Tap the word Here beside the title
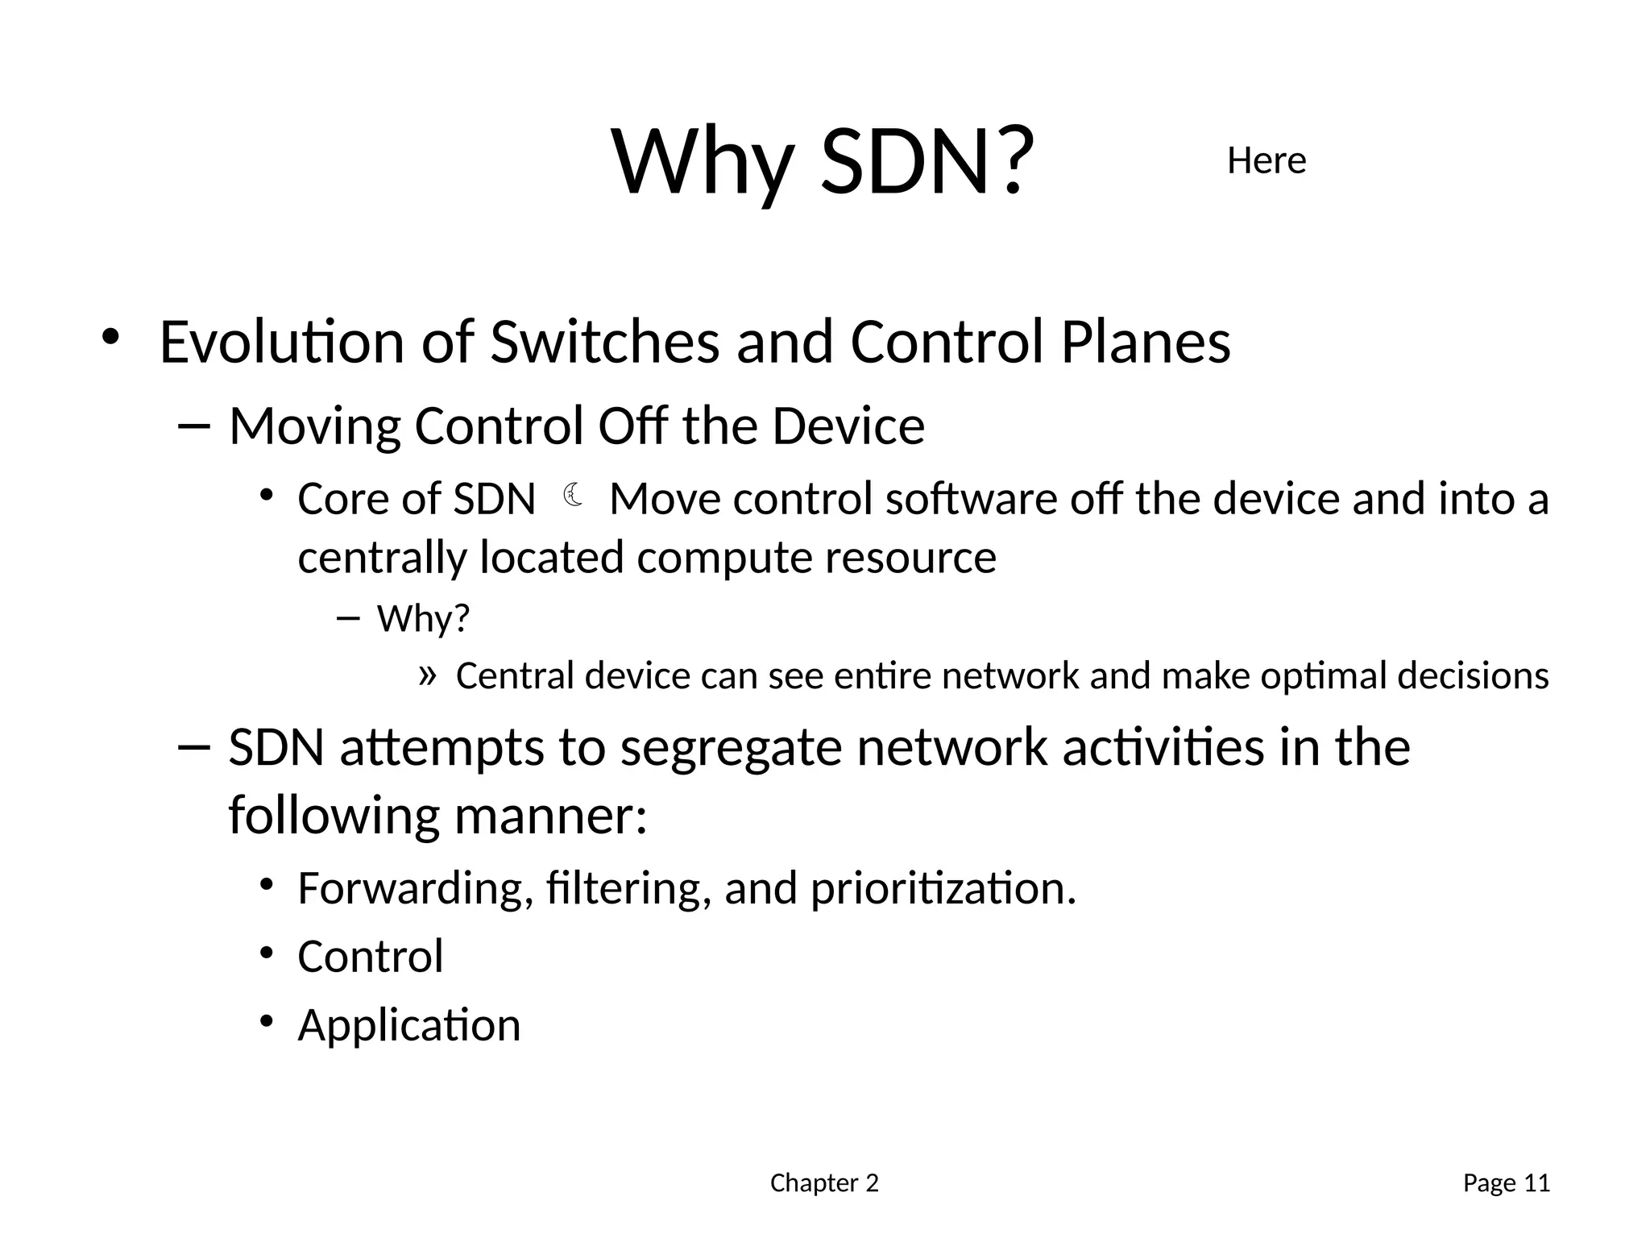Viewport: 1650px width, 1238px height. (1266, 161)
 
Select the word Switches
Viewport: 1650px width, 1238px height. (604, 342)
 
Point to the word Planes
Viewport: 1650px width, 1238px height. (1145, 342)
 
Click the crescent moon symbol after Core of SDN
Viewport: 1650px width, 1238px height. (573, 495)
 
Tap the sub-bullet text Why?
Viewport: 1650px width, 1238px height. (423, 619)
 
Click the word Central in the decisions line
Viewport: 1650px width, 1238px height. (514, 675)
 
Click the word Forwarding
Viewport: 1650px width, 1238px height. (415, 888)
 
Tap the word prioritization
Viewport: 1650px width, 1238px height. (943, 888)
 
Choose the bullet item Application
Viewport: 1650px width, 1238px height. (409, 1025)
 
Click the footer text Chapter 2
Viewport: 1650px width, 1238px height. (824, 1183)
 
